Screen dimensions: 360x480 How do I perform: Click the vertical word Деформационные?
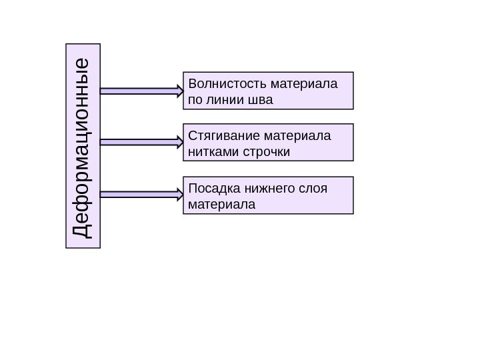83,146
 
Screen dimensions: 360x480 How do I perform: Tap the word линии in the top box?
221,100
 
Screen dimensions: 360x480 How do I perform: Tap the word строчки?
266,152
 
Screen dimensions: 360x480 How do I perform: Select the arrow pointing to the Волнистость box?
141,90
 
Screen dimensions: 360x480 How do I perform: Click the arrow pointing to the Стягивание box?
141,142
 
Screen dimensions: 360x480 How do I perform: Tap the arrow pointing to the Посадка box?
141,194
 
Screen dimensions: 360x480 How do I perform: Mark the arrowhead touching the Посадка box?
179,194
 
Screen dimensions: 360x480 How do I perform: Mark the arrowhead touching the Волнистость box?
179,90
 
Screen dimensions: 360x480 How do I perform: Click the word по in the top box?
195,100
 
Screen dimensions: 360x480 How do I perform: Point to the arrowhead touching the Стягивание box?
179,142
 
